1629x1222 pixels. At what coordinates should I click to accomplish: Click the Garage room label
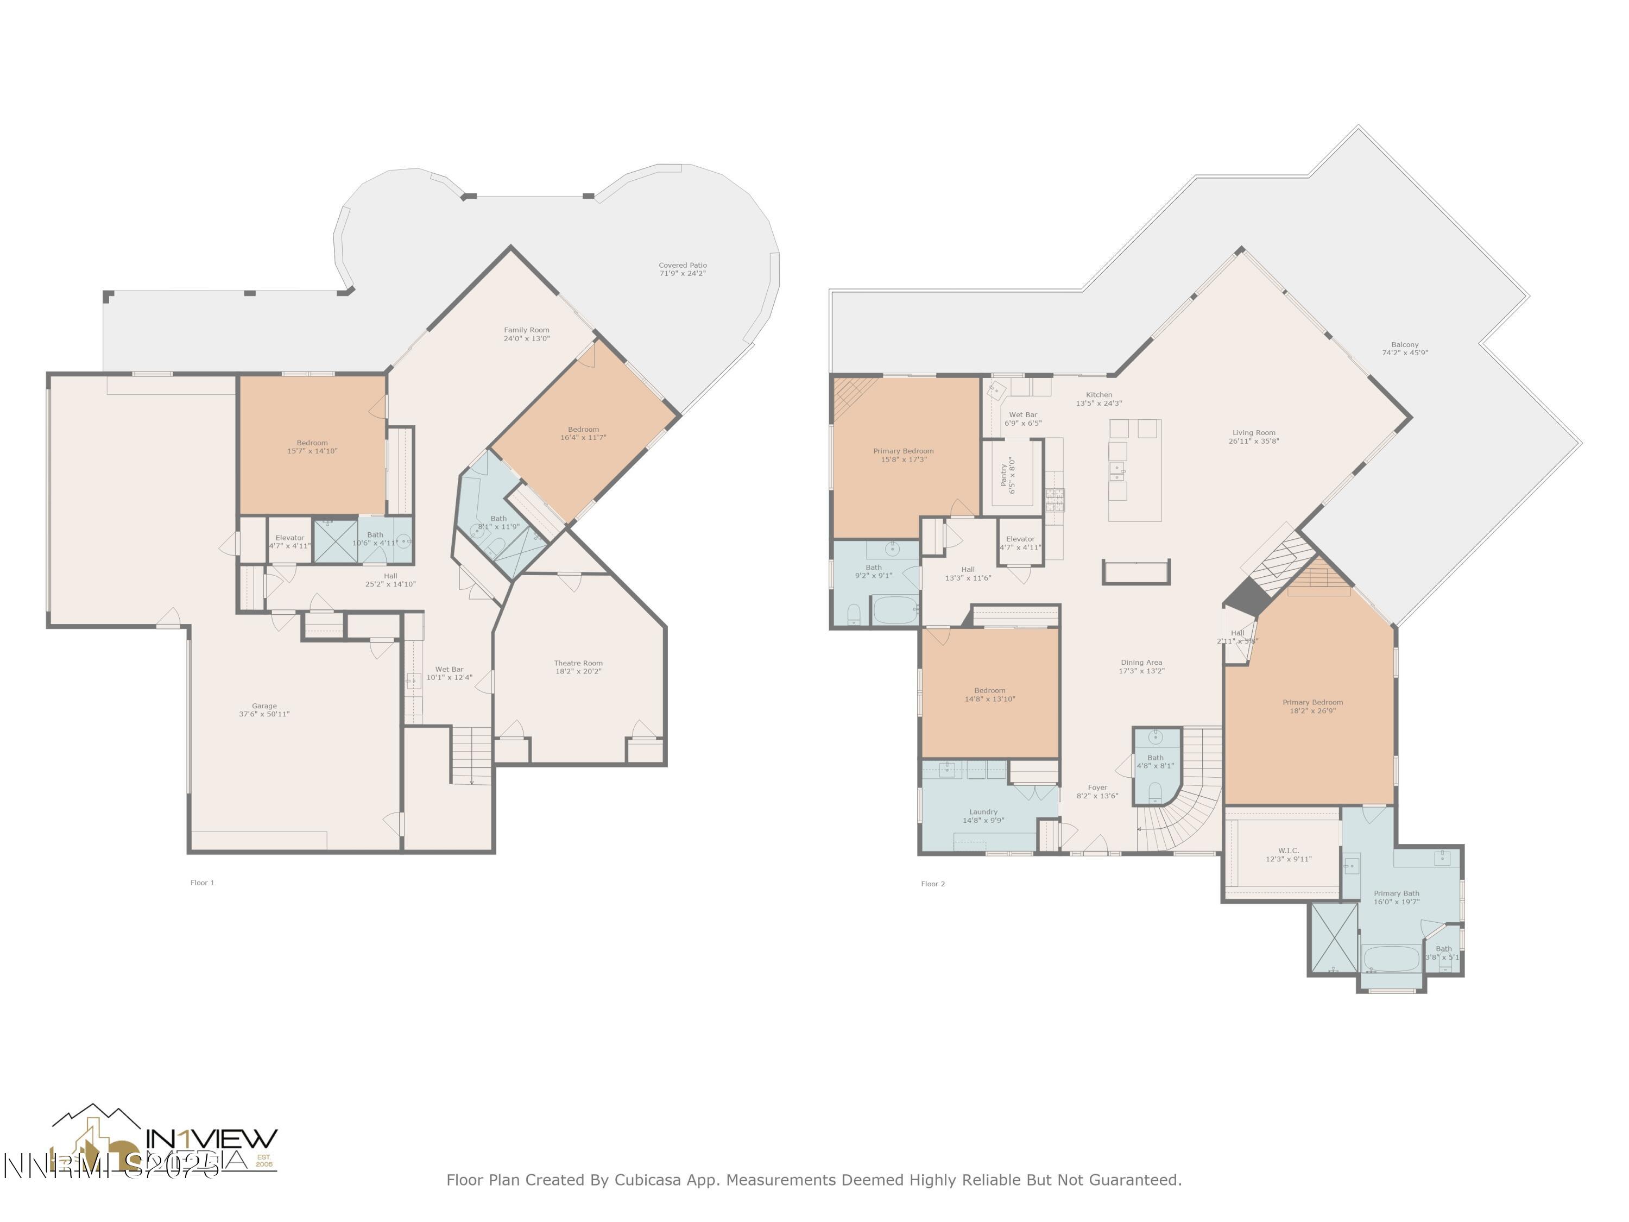pos(264,706)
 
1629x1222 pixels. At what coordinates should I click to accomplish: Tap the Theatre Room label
pos(578,663)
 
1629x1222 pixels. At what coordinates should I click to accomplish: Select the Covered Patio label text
pos(682,265)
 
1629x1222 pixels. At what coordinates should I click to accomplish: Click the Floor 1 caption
pos(202,883)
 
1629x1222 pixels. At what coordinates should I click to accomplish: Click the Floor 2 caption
pos(932,884)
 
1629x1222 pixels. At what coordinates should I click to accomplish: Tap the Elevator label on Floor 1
pos(289,538)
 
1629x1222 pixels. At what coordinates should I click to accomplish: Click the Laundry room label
pos(983,812)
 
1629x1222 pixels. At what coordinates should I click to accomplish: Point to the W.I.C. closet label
pos(1288,851)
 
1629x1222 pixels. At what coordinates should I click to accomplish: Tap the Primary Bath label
pos(1396,893)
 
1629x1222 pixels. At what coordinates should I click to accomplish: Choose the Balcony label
pos(1404,345)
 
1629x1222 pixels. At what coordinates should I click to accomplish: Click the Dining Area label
pos(1141,662)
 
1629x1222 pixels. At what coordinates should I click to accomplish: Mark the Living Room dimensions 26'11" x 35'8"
pos(1253,441)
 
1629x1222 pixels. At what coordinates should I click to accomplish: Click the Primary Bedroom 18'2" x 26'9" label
pos(1312,707)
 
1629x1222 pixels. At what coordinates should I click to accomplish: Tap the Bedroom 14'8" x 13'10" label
pos(990,695)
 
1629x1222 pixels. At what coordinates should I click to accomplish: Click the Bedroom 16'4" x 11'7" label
pos(583,433)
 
